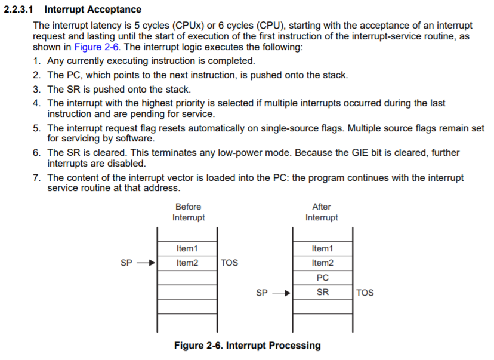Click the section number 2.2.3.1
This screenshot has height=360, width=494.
coord(21,10)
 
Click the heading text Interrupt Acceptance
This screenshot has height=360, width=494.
coord(93,10)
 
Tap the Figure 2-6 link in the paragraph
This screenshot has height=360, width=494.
coord(96,47)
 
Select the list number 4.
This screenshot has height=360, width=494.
coord(37,103)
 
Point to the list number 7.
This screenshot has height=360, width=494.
coord(37,178)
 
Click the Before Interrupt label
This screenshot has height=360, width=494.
coord(189,212)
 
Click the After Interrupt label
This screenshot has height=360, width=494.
coord(322,212)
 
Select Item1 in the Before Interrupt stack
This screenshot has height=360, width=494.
coord(187,248)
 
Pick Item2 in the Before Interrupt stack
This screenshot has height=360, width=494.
coord(187,263)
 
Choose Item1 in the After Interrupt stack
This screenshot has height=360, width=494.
coord(322,248)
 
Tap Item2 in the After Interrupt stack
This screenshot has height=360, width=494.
coord(322,263)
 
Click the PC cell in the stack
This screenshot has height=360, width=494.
coord(322,278)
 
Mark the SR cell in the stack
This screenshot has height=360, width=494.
coord(322,293)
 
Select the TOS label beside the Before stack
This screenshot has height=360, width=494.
coord(229,263)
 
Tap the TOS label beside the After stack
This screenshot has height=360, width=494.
coord(365,293)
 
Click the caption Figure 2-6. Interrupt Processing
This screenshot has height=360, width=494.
coord(247,346)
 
